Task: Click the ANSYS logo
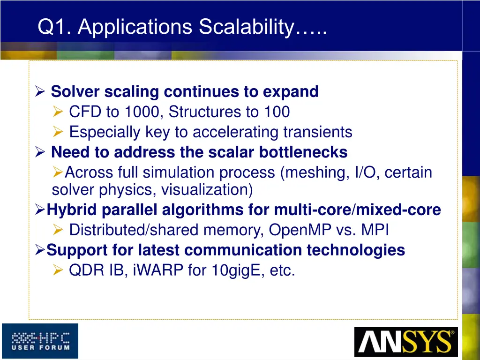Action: pyautogui.click(x=405, y=342)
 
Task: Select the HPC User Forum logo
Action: pyautogui.click(x=40, y=341)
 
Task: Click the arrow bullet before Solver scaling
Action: pyautogui.click(x=40, y=92)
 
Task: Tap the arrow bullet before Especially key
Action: pyautogui.click(x=58, y=133)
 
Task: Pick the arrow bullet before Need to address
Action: pyautogui.click(x=40, y=152)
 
